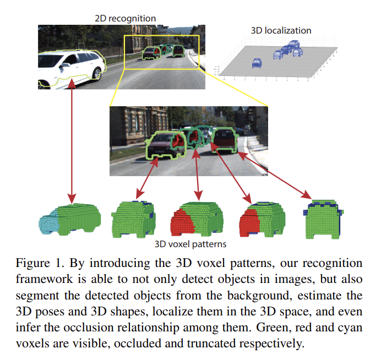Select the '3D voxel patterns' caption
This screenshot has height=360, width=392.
tap(192, 243)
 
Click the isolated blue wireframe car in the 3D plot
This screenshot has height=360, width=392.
tap(257, 63)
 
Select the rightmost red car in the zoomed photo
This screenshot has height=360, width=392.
tap(224, 140)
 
